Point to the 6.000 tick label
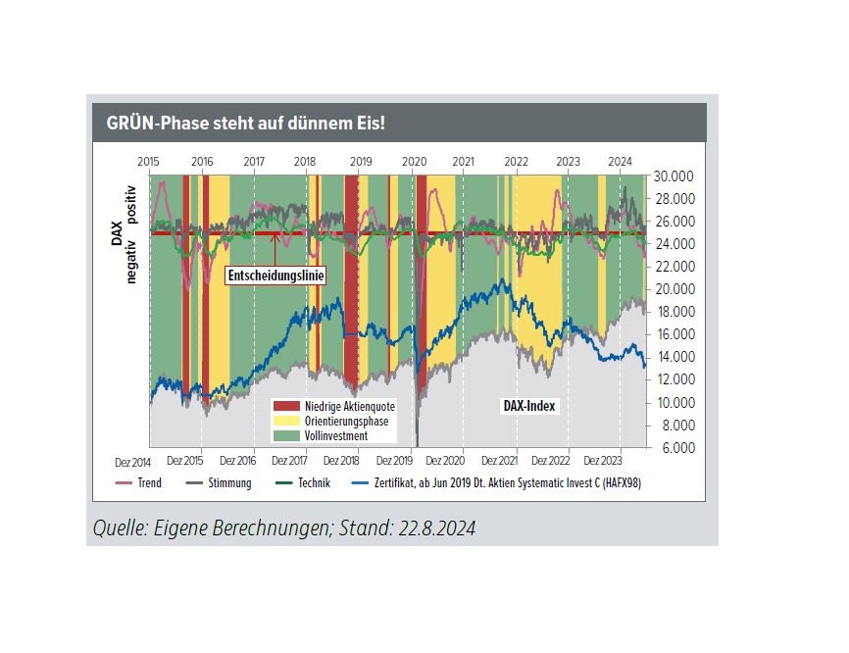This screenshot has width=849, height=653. coord(675,448)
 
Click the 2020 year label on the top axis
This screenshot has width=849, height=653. coord(415,161)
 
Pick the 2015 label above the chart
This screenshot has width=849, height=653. coord(149,161)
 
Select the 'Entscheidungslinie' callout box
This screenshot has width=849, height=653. coord(275,276)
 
